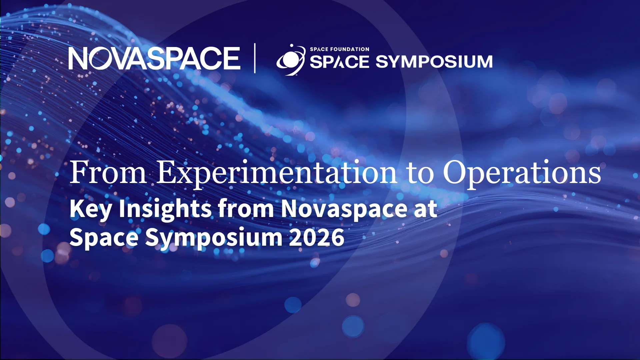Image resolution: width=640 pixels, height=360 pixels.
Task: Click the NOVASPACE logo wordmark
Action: click(154, 58)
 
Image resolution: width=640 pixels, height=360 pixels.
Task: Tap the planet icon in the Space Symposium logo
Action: click(291, 60)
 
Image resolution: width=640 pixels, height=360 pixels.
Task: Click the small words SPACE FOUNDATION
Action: click(340, 49)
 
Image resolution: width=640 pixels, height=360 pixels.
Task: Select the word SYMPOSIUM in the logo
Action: click(434, 62)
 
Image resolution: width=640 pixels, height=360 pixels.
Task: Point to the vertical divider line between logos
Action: click(255, 58)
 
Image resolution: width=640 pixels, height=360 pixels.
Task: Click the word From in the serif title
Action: click(108, 172)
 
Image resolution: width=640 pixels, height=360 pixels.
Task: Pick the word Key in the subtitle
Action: click(91, 209)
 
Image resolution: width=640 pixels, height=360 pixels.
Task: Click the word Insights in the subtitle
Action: click(165, 209)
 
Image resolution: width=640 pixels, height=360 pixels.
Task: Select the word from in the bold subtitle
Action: click(246, 208)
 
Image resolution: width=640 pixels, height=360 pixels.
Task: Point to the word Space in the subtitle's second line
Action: click(104, 238)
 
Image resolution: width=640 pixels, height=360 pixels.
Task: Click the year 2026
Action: click(317, 238)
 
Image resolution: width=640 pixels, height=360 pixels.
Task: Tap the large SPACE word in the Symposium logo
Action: click(340, 62)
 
